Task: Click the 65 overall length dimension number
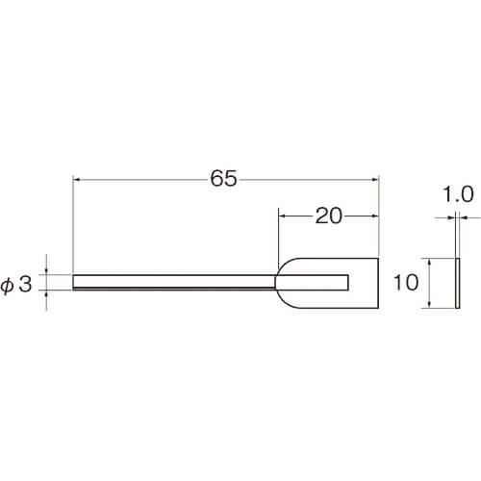tap(223, 178)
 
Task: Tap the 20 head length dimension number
tap(329, 215)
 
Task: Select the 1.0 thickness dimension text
tap(458, 194)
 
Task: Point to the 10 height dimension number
tap(406, 283)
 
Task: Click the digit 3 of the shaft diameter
tap(26, 284)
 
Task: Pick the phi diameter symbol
tap(7, 286)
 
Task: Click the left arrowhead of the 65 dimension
tap(76, 180)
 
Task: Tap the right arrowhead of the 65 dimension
tap(375, 180)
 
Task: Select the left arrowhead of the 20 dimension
tap(282, 216)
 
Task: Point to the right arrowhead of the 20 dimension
tap(375, 216)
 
